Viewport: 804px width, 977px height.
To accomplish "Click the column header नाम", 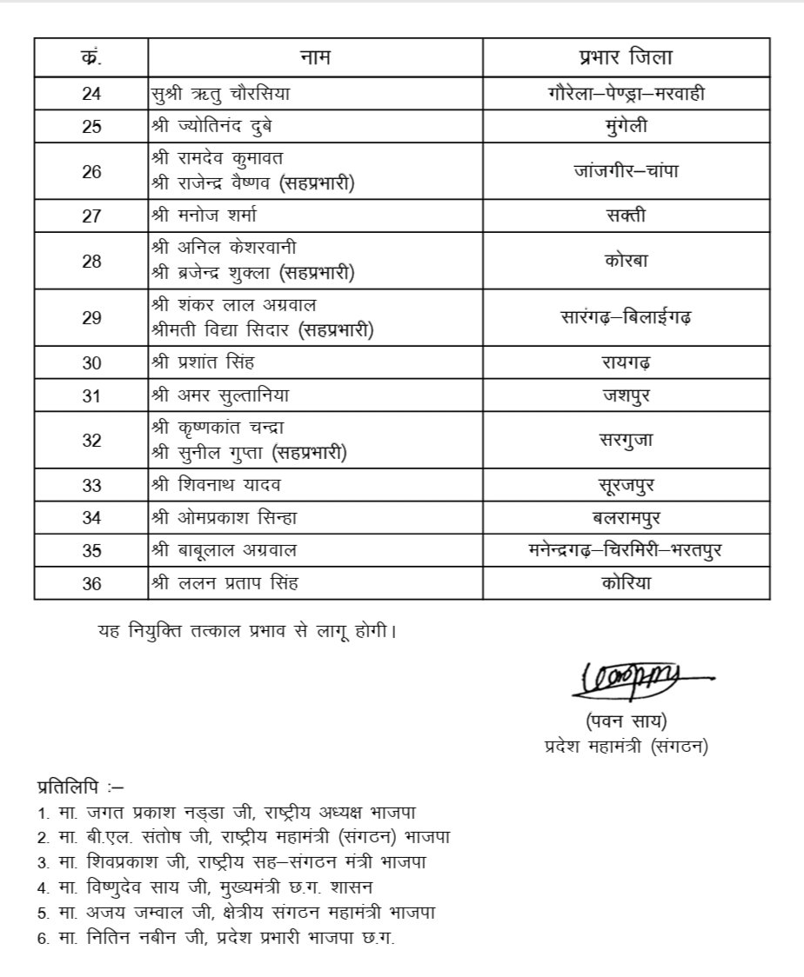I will point(315,58).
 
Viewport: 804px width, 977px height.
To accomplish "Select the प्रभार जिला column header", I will point(626,58).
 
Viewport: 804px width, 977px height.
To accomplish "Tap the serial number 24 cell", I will point(91,93).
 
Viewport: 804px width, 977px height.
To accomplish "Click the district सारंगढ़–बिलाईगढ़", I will point(626,318).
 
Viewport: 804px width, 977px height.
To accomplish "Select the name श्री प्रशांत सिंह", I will point(204,363).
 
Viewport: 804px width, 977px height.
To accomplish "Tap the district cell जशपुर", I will point(626,396).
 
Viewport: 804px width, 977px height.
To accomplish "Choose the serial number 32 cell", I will point(91,441).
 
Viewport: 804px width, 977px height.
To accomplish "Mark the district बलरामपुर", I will point(626,519).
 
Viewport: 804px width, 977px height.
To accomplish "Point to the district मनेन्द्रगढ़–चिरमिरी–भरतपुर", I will point(626,551).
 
